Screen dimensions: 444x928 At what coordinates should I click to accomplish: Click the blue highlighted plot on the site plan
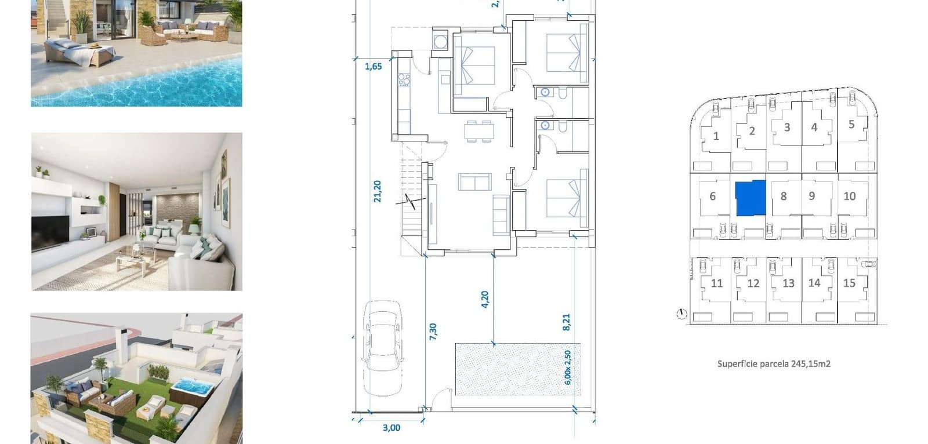[x=751, y=198]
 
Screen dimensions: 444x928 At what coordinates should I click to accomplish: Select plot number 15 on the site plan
[x=849, y=283]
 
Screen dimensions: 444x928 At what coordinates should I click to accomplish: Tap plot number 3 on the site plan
[x=786, y=128]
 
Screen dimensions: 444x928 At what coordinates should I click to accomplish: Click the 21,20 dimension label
[x=378, y=191]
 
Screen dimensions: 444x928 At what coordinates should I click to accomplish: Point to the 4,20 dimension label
[x=485, y=299]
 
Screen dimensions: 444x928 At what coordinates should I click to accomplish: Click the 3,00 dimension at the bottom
[x=391, y=428]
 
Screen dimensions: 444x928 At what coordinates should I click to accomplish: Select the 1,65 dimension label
[x=373, y=66]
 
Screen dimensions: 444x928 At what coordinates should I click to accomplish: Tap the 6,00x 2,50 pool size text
[x=568, y=367]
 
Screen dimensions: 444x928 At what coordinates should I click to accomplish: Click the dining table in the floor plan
[x=478, y=131]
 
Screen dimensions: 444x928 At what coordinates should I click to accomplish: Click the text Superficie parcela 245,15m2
[x=774, y=364]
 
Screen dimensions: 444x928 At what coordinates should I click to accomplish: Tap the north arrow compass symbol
[x=681, y=314]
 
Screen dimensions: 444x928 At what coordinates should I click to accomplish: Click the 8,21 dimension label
[x=566, y=322]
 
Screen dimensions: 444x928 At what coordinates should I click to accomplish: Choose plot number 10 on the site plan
[x=849, y=196]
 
